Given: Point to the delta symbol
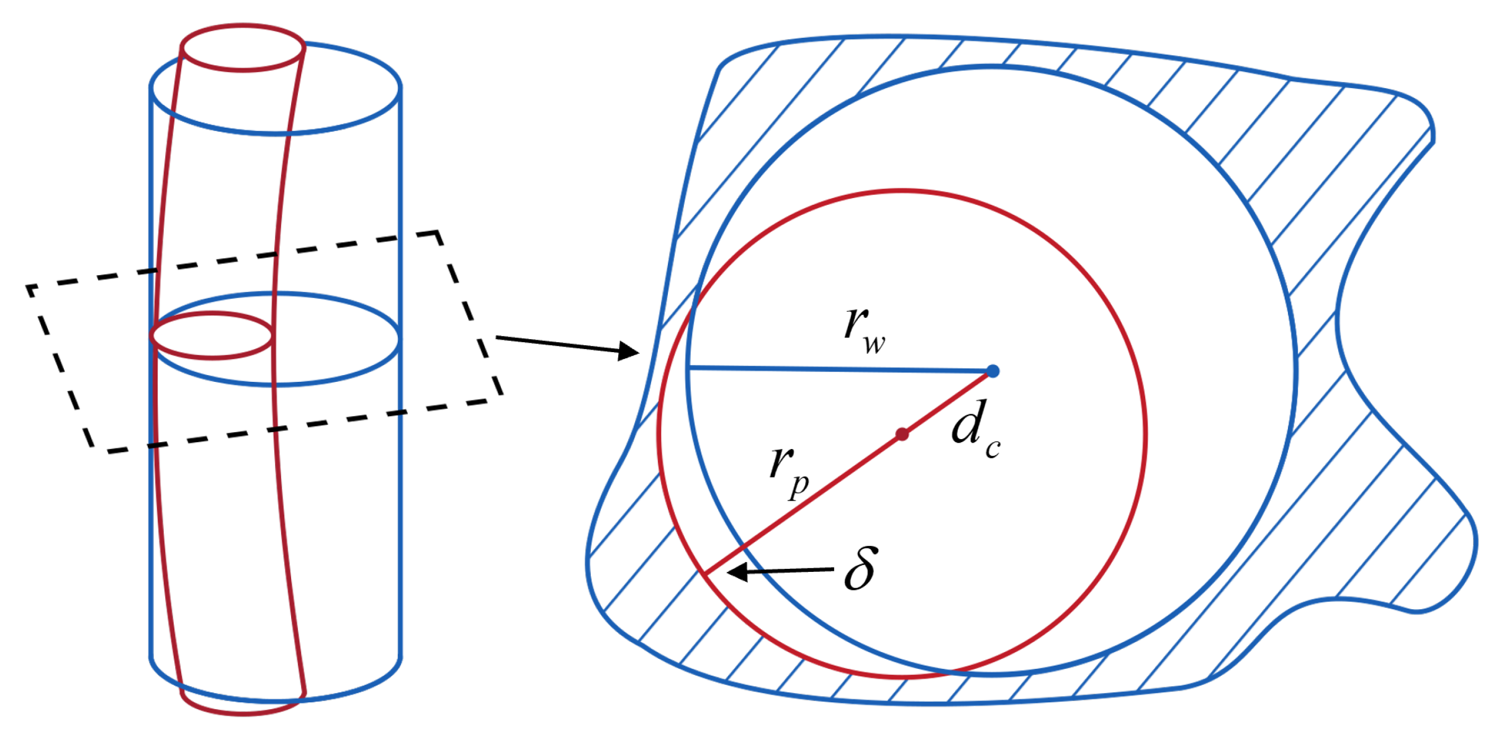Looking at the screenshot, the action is click(x=861, y=568).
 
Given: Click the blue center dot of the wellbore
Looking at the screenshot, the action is click(x=993, y=371).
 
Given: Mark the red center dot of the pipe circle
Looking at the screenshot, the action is click(x=903, y=435).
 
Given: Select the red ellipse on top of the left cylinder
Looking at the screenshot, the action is click(x=243, y=48).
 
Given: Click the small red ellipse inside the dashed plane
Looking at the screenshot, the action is click(x=212, y=335).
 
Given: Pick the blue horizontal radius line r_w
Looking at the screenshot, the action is click(x=838, y=369).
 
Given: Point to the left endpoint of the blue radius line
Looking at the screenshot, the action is click(x=690, y=368).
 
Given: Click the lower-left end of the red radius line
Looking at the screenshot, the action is click(x=705, y=573).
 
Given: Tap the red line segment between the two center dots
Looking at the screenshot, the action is click(x=948, y=403).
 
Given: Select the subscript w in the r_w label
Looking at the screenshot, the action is click(x=874, y=343).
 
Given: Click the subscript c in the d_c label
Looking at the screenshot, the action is click(x=993, y=448).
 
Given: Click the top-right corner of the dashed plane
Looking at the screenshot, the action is click(x=438, y=233).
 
